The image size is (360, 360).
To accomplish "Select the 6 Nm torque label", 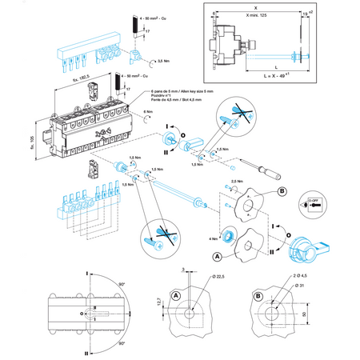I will [x=148, y=111].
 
